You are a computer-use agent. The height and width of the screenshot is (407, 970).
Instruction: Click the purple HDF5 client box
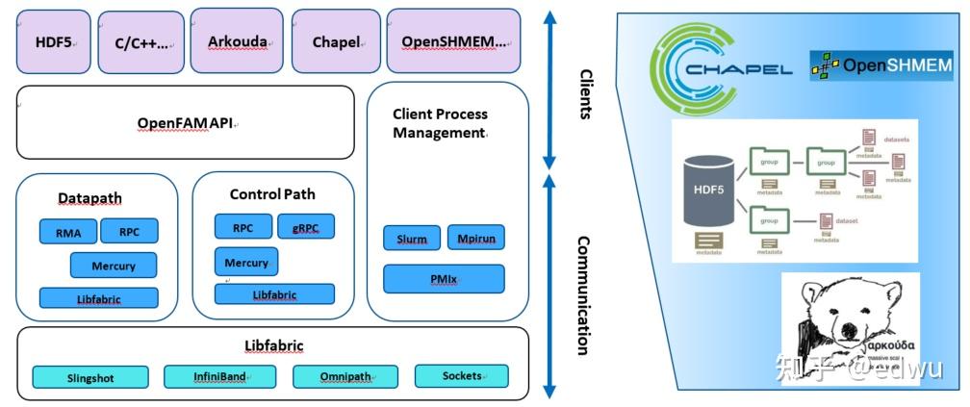(x=53, y=42)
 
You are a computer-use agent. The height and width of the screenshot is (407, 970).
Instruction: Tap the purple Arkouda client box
(x=237, y=41)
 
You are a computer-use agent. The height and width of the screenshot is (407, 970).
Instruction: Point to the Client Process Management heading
(x=439, y=123)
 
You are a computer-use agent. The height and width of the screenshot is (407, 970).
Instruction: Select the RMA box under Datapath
(x=68, y=232)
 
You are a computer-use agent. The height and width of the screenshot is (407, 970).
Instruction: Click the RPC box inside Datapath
(x=129, y=232)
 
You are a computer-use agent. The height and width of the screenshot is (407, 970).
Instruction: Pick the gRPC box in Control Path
(x=305, y=228)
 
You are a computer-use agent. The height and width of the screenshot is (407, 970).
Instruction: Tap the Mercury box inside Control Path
(x=245, y=262)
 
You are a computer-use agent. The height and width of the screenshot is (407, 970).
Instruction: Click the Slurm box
(x=412, y=238)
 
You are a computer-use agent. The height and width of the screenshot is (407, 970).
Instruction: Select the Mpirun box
(x=475, y=238)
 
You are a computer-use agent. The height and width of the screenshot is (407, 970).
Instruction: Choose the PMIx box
(x=444, y=279)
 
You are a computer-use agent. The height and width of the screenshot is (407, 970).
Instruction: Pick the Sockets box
(x=461, y=375)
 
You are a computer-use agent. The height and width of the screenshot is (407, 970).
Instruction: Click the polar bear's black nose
(x=849, y=331)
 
